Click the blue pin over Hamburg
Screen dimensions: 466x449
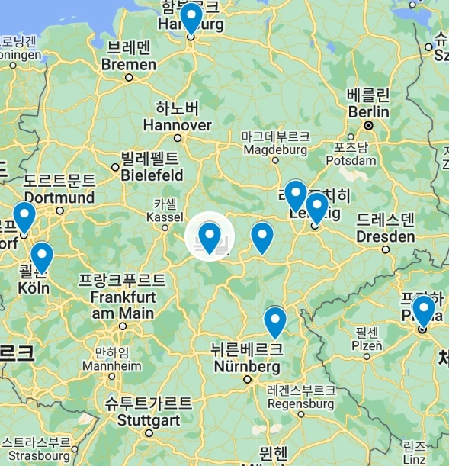[x=191, y=17]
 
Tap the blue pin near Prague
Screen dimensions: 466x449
[x=423, y=310]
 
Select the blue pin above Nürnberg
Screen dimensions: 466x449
[x=274, y=320]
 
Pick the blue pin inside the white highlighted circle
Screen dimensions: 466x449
[x=210, y=236]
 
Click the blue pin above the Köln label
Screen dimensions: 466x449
[x=41, y=256]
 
